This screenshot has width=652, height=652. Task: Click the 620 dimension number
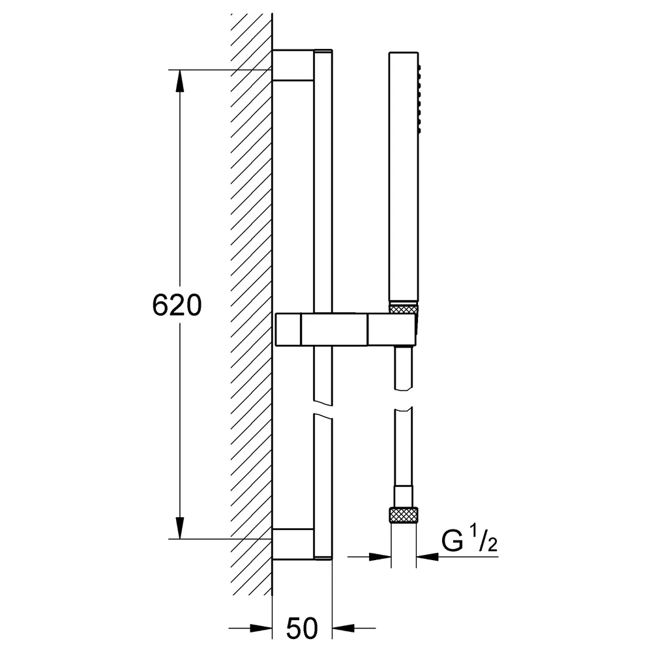click(x=177, y=305)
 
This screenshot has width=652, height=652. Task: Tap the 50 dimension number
click(x=302, y=629)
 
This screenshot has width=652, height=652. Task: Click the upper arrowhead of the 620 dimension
click(x=180, y=81)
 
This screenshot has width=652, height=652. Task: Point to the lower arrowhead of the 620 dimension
click(x=180, y=527)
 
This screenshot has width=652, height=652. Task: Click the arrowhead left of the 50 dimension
click(x=261, y=629)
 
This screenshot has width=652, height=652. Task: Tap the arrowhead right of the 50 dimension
click(x=343, y=629)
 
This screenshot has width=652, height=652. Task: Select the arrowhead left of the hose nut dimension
click(x=380, y=556)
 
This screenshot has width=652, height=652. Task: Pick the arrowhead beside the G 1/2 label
click(x=427, y=556)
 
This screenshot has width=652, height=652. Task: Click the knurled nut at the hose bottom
click(x=404, y=515)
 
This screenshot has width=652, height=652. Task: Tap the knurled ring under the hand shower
click(x=404, y=309)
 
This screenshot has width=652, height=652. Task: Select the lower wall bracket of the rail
click(x=293, y=544)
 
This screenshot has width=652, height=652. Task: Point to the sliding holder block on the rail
click(x=346, y=330)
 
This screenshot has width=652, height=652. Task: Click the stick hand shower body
click(x=404, y=176)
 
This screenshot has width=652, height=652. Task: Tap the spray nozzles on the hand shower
click(x=420, y=99)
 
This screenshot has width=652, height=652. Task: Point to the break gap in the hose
click(x=404, y=398)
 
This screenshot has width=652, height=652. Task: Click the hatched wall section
click(x=252, y=304)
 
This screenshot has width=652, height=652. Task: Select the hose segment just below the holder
click(x=404, y=367)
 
